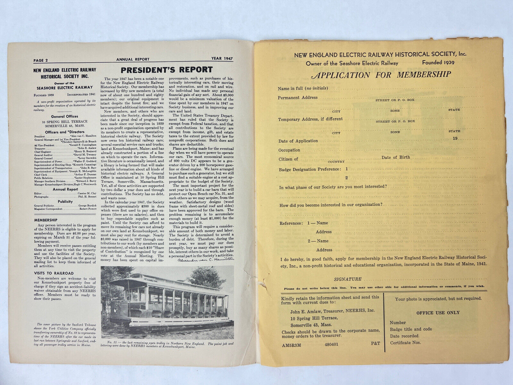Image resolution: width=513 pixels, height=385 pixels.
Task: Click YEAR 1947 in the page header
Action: click(x=222, y=59)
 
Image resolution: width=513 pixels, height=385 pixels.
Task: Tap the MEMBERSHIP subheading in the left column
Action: click(x=46, y=220)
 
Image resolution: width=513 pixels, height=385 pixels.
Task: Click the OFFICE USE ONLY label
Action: click(x=438, y=312)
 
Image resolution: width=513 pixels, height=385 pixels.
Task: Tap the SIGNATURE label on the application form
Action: click(x=348, y=279)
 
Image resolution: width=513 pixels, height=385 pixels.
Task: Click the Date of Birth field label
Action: click(x=396, y=157)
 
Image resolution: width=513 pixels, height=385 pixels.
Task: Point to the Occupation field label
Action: click(x=289, y=150)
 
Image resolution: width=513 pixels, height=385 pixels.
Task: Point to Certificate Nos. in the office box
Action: click(x=405, y=343)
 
